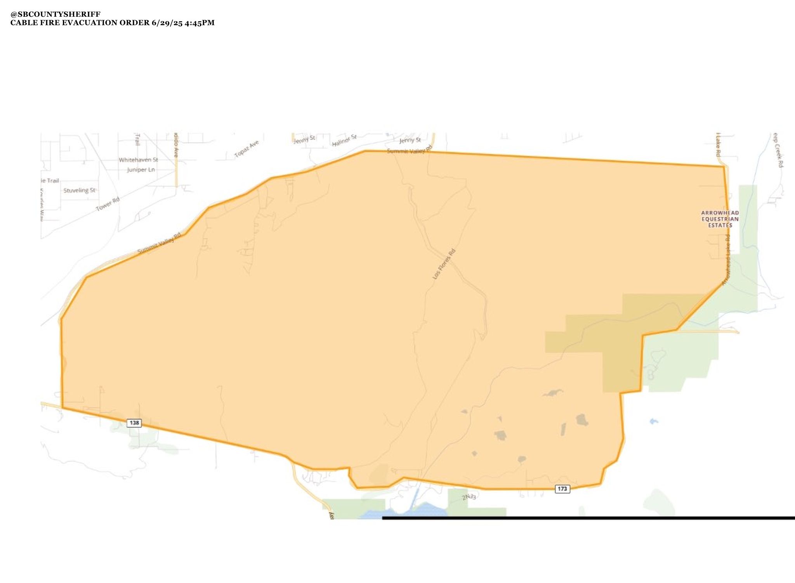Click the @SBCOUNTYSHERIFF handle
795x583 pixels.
coord(55,14)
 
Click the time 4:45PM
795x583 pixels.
coord(200,23)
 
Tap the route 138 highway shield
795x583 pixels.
coord(134,423)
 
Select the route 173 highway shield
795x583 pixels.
coord(562,489)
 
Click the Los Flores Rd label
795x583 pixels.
coord(444,264)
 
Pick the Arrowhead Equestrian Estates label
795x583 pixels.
coord(720,219)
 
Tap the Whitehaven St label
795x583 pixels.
coord(138,160)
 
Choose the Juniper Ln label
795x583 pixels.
coord(141,170)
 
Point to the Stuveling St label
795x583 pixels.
coord(79,190)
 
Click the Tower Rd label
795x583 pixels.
coord(108,204)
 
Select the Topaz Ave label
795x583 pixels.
coord(246,149)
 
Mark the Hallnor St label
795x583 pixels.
coord(344,141)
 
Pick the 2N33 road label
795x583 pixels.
coord(469,497)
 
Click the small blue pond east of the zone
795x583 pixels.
coord(653,421)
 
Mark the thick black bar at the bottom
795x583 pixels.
coord(588,518)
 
